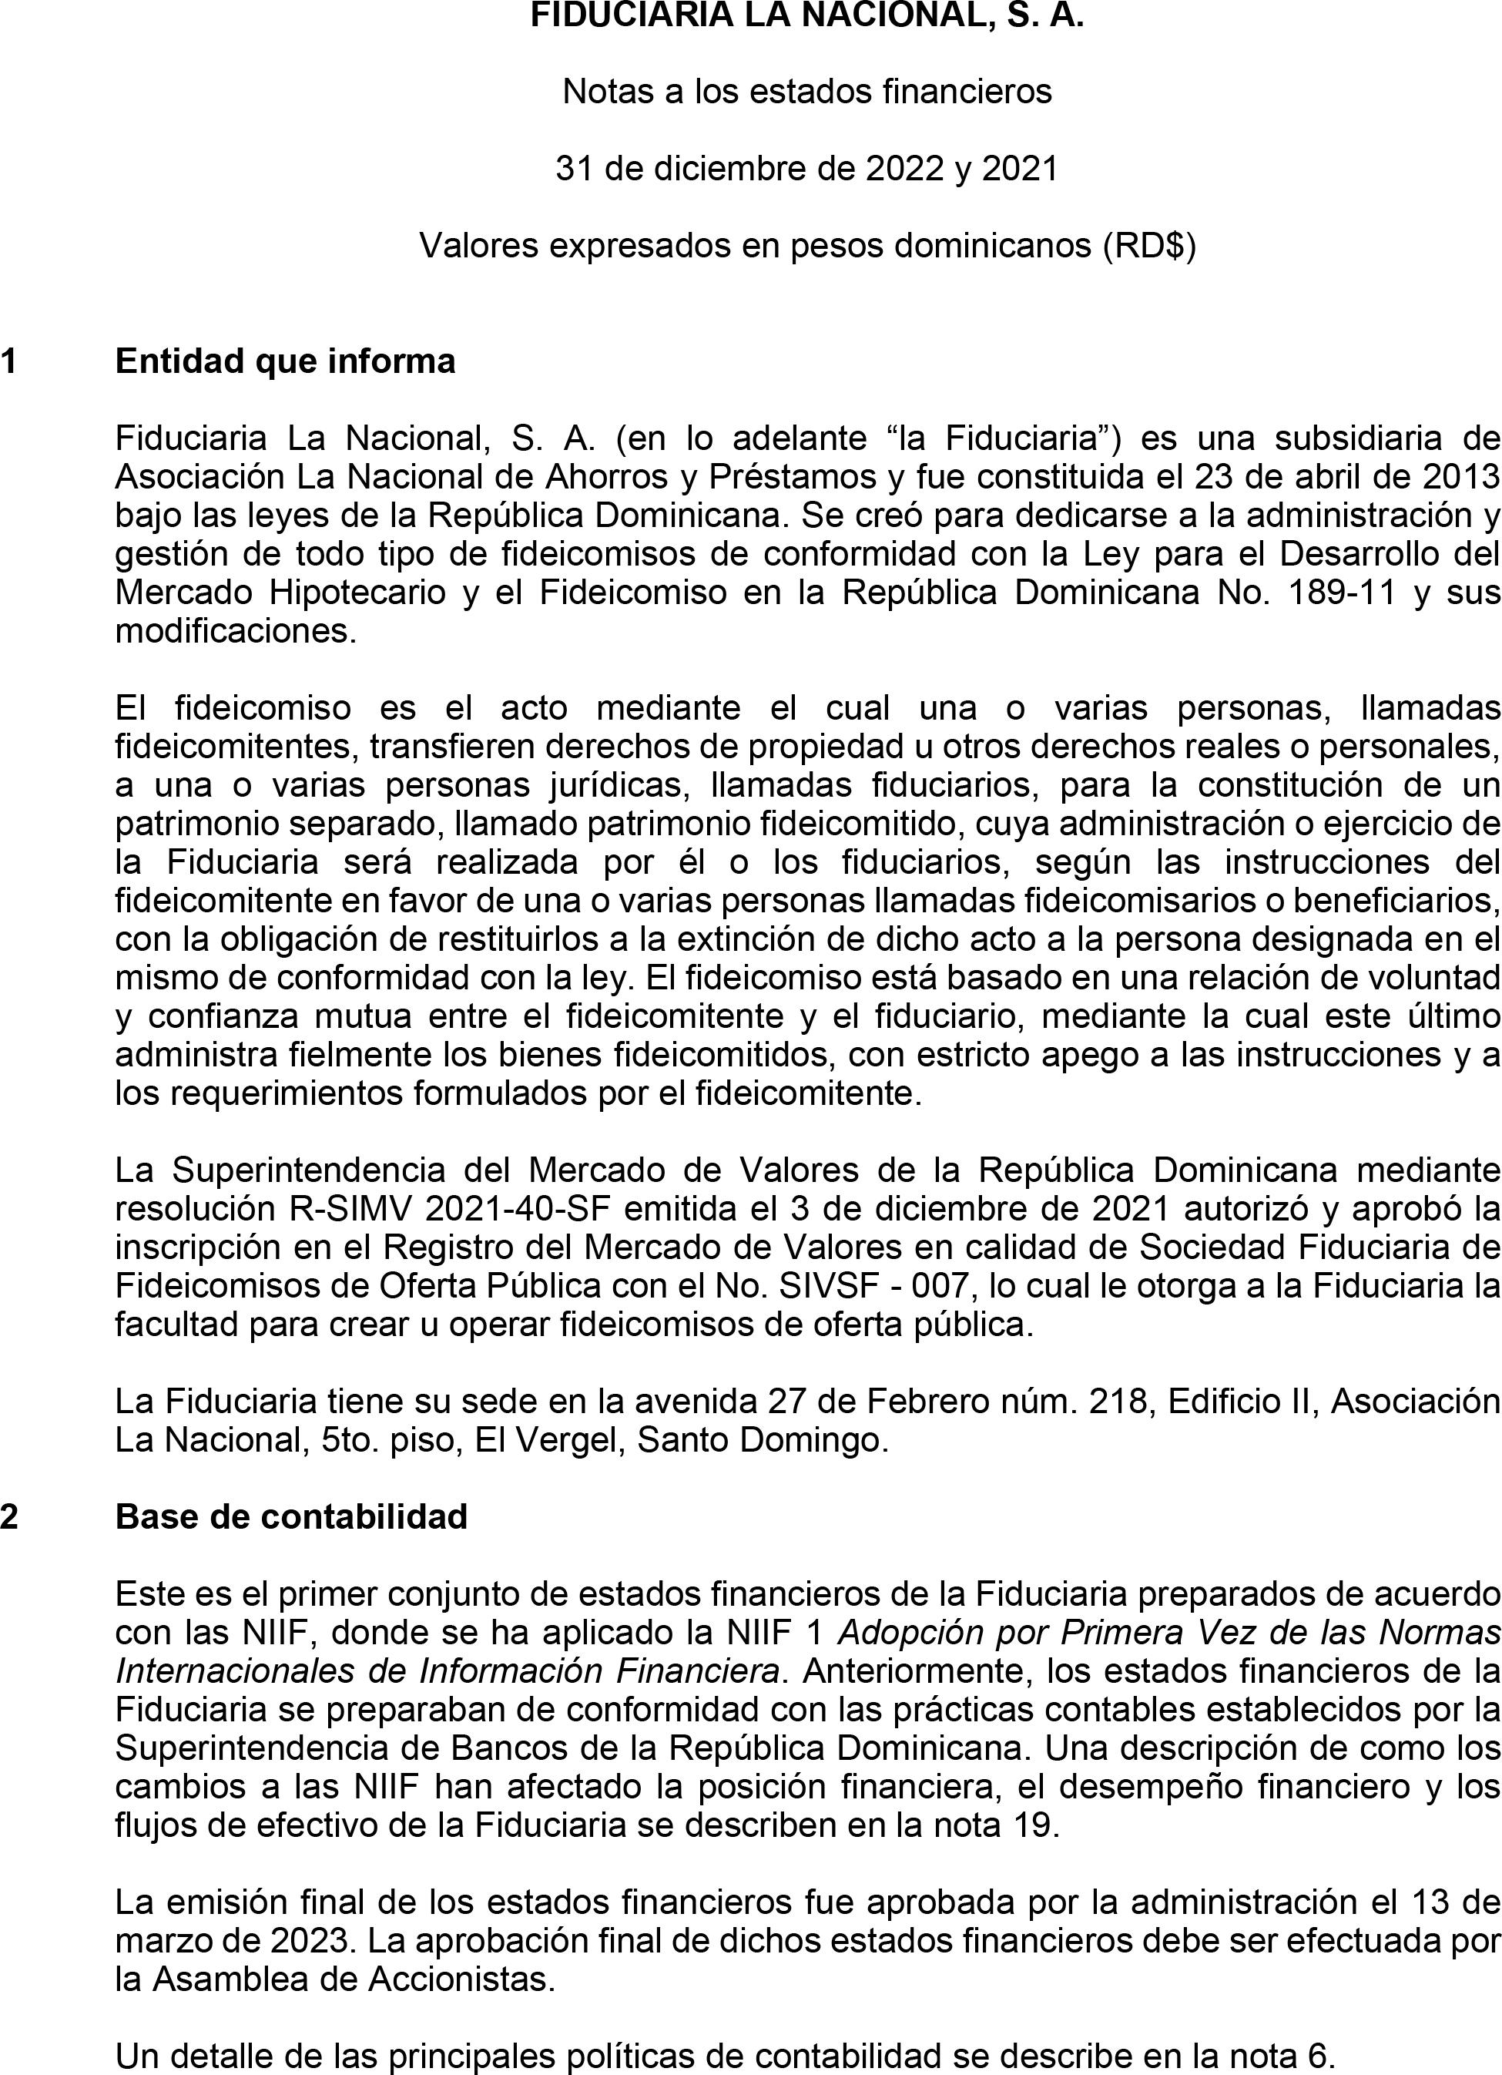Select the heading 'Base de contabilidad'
[x=291, y=1516]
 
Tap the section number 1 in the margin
[x=9, y=361]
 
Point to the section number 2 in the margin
[x=9, y=1516]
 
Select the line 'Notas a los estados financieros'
[x=806, y=92]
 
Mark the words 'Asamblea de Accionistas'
[x=352, y=1979]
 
